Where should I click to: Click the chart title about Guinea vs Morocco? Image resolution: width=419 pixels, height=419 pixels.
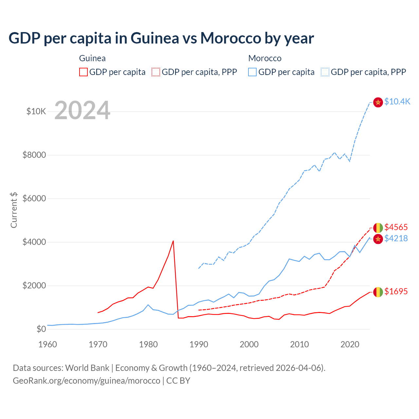[x=161, y=38]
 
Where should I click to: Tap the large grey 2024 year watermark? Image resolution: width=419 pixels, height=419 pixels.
[x=82, y=110]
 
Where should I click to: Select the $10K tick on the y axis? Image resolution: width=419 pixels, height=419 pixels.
[x=36, y=112]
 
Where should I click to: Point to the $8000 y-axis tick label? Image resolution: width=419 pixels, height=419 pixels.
[x=34, y=155]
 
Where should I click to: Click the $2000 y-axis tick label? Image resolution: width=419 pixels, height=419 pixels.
[x=34, y=286]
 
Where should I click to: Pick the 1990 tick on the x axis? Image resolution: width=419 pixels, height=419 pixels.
[x=199, y=344]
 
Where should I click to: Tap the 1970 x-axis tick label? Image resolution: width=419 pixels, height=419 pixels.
[x=98, y=344]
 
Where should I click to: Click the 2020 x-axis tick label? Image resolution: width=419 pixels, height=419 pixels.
[x=350, y=344]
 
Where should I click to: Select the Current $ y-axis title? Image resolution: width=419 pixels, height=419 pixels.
[x=14, y=210]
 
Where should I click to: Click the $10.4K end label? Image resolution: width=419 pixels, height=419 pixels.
[x=397, y=102]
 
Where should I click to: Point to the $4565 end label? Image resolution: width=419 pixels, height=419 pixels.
[x=396, y=227]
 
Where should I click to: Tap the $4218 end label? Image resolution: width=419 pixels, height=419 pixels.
[x=396, y=238]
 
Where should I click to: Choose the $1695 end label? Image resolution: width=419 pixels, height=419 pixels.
[x=396, y=291]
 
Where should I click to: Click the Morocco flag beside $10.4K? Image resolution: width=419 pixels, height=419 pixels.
[x=378, y=102]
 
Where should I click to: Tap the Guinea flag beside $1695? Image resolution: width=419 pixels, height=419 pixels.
[x=378, y=292]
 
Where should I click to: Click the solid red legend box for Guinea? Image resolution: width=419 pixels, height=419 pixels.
[x=83, y=72]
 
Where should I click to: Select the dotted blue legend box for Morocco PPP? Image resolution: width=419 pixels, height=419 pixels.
[x=325, y=72]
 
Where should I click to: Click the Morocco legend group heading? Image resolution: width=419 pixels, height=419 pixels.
[x=265, y=59]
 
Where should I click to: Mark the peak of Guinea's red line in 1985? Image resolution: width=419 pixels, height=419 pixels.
[x=173, y=241]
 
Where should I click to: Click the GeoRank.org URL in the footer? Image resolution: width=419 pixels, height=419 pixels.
[x=86, y=381]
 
